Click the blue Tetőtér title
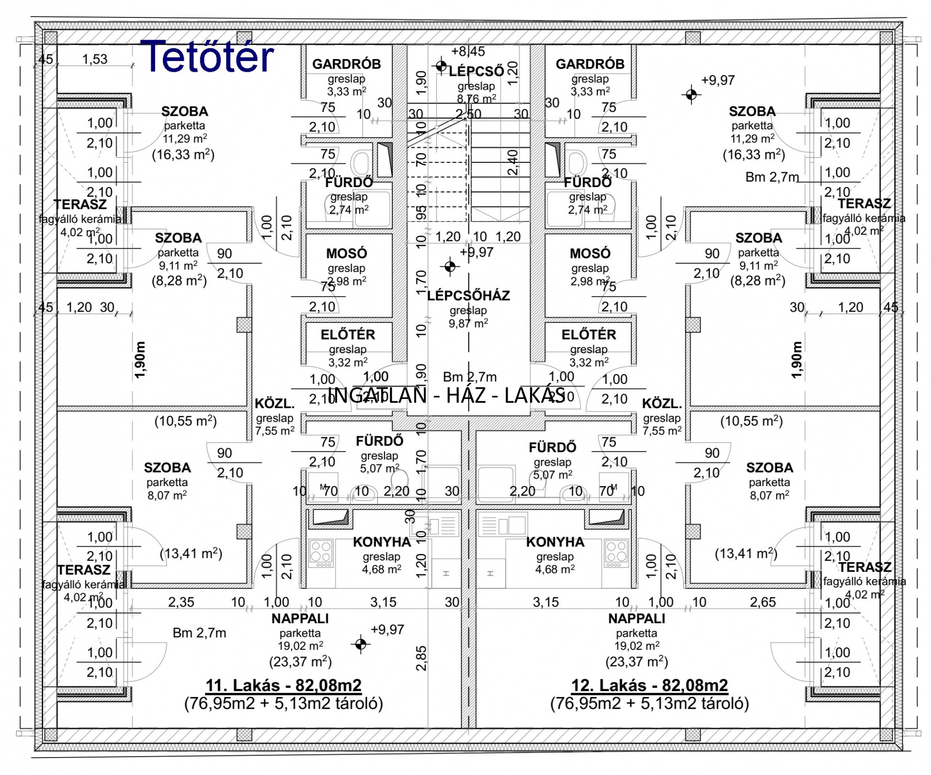click(x=207, y=56)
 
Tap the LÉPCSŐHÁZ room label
click(x=468, y=295)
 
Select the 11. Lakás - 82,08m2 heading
click(x=284, y=685)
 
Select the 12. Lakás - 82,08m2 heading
click(x=650, y=685)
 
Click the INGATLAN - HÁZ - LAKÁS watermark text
click(x=447, y=395)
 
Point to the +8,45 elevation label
click(x=468, y=51)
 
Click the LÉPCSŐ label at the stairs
click(x=476, y=71)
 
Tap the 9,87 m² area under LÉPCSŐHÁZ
click(x=468, y=323)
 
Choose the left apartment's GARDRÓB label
click(x=346, y=64)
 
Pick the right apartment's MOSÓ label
click(x=590, y=253)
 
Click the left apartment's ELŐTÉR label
click(x=348, y=334)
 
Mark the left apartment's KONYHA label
click(x=382, y=542)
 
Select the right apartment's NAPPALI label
click(x=637, y=618)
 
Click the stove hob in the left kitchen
click(x=321, y=553)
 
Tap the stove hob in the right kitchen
click(x=616, y=553)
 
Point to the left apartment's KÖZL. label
click(x=275, y=404)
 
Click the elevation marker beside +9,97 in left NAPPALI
click(x=360, y=644)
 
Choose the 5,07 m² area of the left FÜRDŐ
click(x=380, y=469)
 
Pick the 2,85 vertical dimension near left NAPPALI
click(x=421, y=658)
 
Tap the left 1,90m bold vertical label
click(x=140, y=360)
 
